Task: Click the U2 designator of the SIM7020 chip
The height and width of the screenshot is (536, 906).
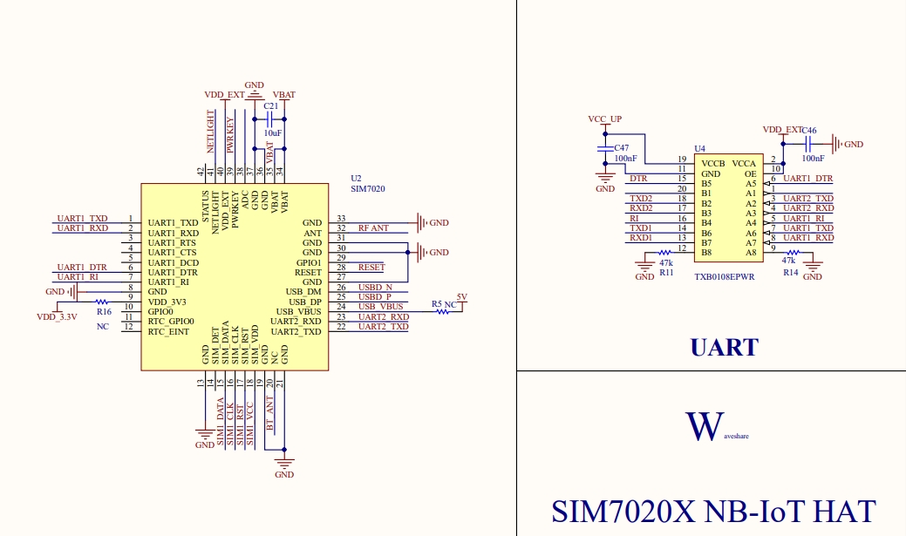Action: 356,178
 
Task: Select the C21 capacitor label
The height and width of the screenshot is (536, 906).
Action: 270,105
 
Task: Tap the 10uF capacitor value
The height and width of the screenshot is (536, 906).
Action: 272,133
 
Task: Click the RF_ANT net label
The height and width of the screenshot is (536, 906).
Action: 373,227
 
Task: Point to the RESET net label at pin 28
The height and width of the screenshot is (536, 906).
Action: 371,268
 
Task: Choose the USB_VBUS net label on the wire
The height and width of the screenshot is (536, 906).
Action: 380,307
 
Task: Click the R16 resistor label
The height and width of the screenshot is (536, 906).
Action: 104,311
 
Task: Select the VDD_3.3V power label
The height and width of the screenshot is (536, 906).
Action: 57,317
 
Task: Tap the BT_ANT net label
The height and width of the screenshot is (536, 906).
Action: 270,415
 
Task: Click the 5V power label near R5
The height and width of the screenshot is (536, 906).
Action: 461,297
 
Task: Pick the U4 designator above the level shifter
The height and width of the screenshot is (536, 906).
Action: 699,149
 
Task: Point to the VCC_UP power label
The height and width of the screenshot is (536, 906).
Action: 604,119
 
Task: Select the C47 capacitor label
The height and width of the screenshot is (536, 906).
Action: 621,148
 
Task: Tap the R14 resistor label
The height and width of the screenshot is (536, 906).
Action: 790,273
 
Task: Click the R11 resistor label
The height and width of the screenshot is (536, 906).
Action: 666,273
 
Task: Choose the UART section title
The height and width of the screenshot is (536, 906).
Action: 724,348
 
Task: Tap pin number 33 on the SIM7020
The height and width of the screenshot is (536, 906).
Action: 341,218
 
